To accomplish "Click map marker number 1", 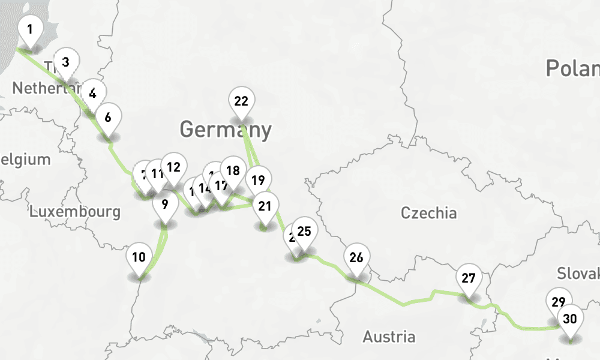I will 30,28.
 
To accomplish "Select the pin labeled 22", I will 241,101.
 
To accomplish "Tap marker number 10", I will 139,257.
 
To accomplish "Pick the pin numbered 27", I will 469,278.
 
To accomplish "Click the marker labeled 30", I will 570,319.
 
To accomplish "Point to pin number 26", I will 356,258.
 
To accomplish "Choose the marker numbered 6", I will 108,118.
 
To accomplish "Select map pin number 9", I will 165,203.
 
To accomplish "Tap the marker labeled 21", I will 265,206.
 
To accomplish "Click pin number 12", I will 174,167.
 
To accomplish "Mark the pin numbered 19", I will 258,180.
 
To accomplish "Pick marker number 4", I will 92,93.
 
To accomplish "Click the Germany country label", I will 225,129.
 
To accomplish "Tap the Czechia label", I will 429,213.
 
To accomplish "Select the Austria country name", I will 389,336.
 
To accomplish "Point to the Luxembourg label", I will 75,211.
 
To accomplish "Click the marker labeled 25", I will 304,231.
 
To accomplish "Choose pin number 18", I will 233,170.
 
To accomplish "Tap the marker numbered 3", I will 66,62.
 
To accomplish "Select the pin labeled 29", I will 559,302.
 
